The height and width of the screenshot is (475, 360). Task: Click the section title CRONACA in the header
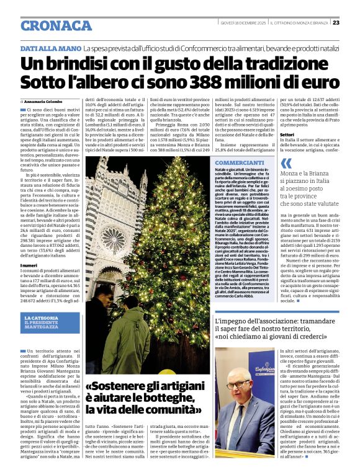(56, 25)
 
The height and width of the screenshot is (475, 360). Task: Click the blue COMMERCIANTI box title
(238, 162)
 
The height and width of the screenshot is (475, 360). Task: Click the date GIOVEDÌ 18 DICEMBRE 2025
(245, 23)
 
